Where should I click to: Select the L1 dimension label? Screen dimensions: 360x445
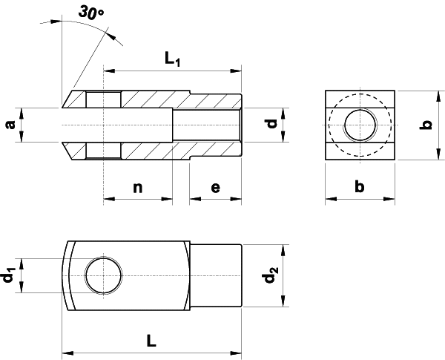tap(173, 59)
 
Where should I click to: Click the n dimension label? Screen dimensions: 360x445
tap(137, 187)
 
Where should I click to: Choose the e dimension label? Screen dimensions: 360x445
tap(215, 187)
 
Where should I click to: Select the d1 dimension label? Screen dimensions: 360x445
tap(8, 276)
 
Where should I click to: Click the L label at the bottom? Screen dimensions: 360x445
tap(151, 341)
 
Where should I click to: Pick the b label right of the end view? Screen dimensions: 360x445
tap(425, 125)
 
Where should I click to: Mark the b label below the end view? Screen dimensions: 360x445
tap(360, 187)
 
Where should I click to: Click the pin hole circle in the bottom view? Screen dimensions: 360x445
tap(102, 276)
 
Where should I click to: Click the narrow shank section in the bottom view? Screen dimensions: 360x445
tap(217, 276)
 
